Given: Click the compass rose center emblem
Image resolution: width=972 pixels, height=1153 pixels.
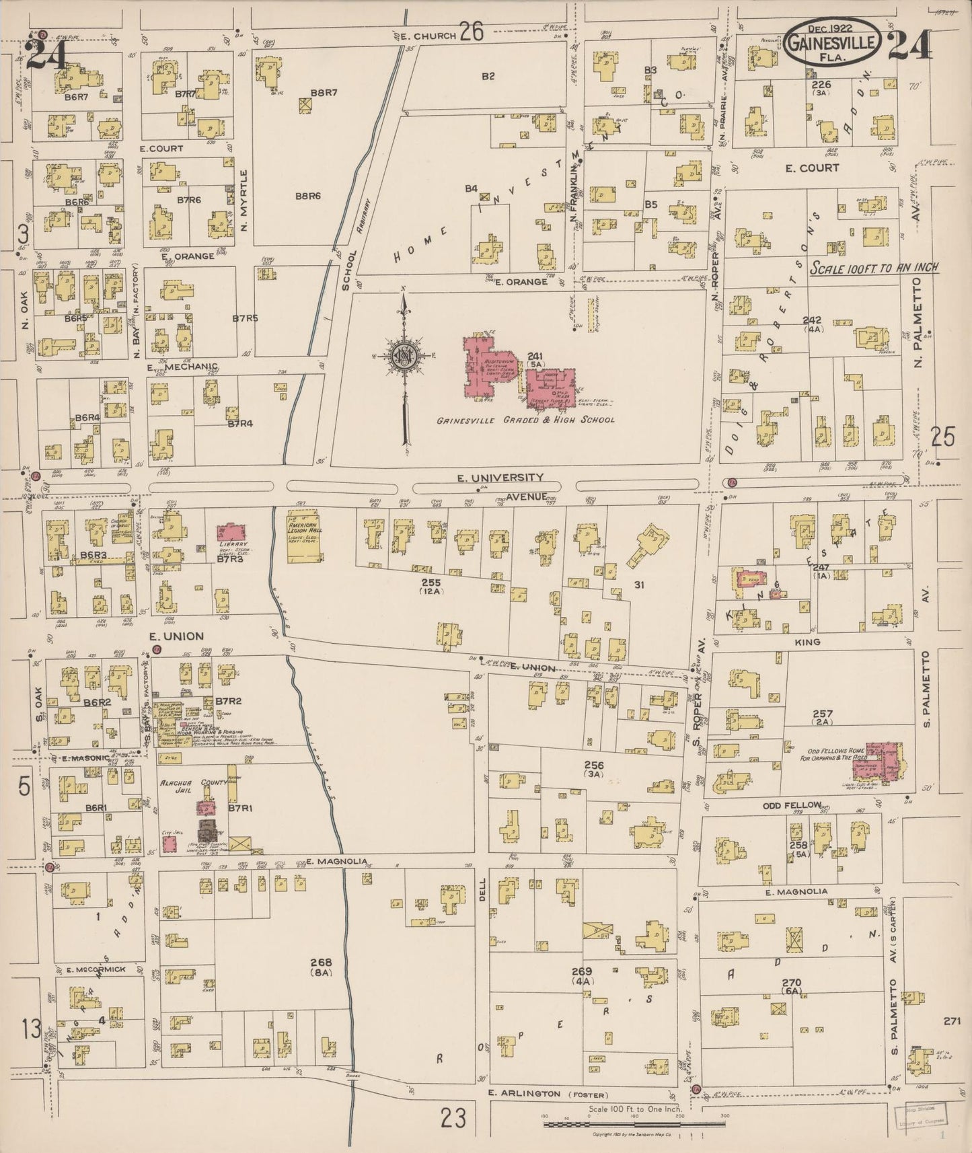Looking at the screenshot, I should click(x=404, y=357).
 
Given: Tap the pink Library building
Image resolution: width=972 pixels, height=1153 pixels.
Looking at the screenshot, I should click(x=231, y=533).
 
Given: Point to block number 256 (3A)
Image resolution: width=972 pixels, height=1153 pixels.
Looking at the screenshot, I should click(x=594, y=770).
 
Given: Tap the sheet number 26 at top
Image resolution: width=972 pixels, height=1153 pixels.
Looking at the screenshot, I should click(x=472, y=32).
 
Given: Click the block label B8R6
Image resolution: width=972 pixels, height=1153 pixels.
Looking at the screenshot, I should click(x=309, y=196).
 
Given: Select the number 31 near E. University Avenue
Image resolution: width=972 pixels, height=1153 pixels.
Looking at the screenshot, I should click(x=638, y=585).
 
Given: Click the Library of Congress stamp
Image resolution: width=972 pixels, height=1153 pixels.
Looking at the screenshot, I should click(x=920, y=1121).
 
